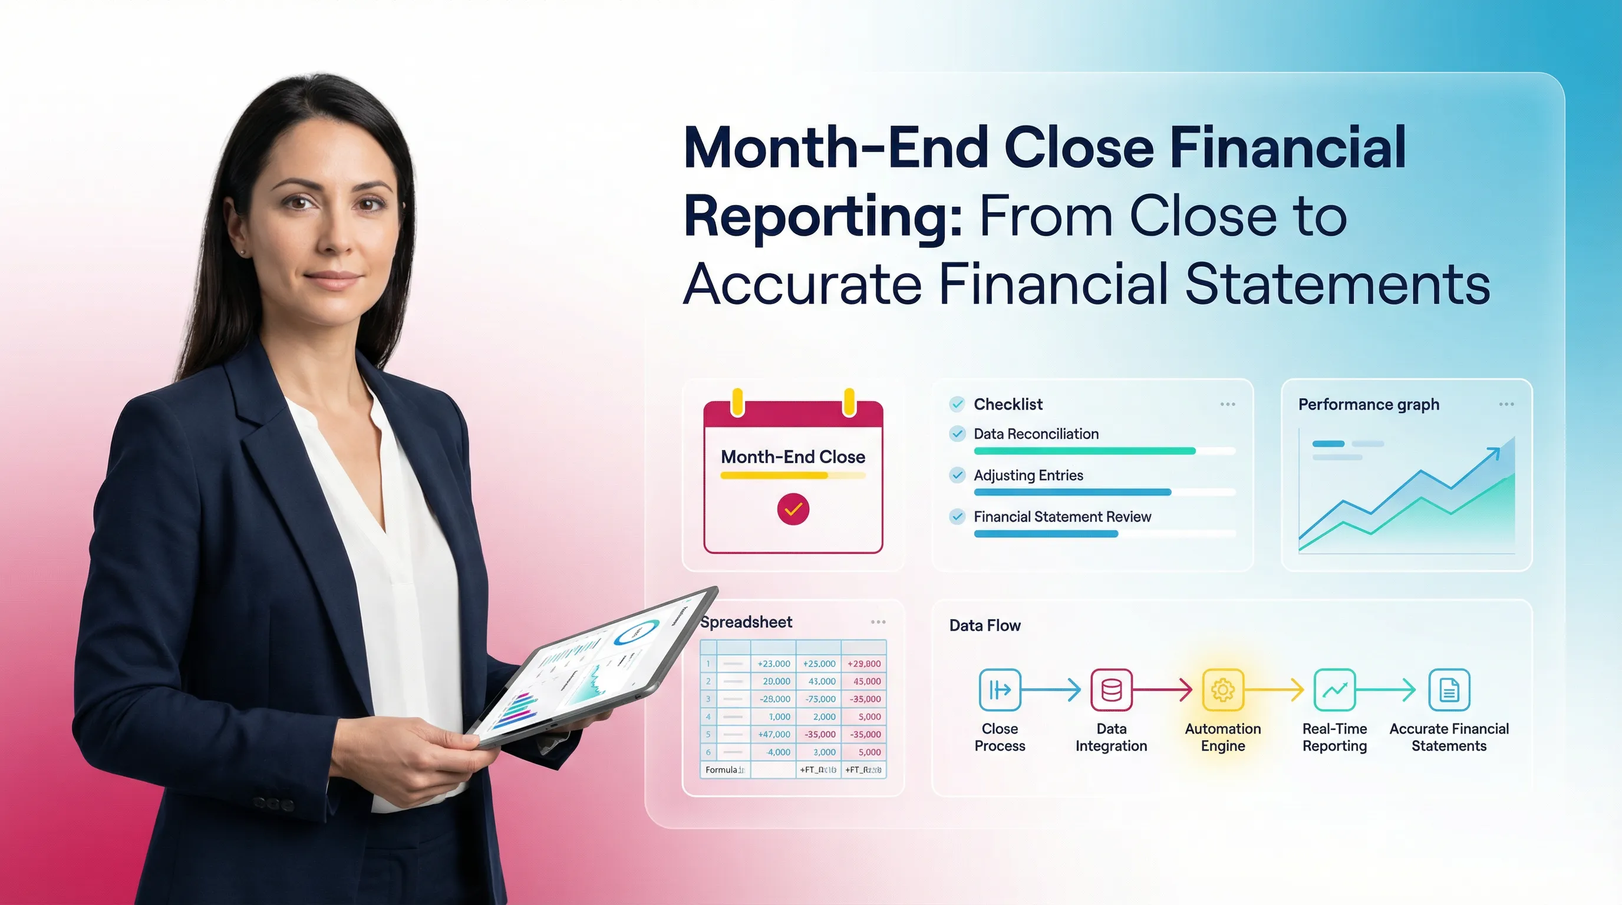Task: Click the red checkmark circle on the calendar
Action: tap(793, 508)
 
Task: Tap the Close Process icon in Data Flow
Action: tap(999, 690)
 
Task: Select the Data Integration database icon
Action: tap(1112, 690)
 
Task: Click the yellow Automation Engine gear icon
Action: tap(1223, 690)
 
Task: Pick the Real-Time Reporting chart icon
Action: tap(1334, 690)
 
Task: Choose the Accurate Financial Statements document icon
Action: tap(1449, 690)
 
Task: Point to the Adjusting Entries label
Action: tap(1028, 475)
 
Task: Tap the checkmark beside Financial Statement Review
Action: tap(957, 517)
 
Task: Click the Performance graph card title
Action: tap(1368, 404)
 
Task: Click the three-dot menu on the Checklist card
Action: tap(1227, 404)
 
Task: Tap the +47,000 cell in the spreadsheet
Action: tap(774, 735)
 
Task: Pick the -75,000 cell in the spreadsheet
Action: tap(820, 699)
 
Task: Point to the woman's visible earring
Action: tap(243, 252)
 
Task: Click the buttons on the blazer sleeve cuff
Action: tap(274, 804)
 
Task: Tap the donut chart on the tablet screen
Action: tap(637, 632)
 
